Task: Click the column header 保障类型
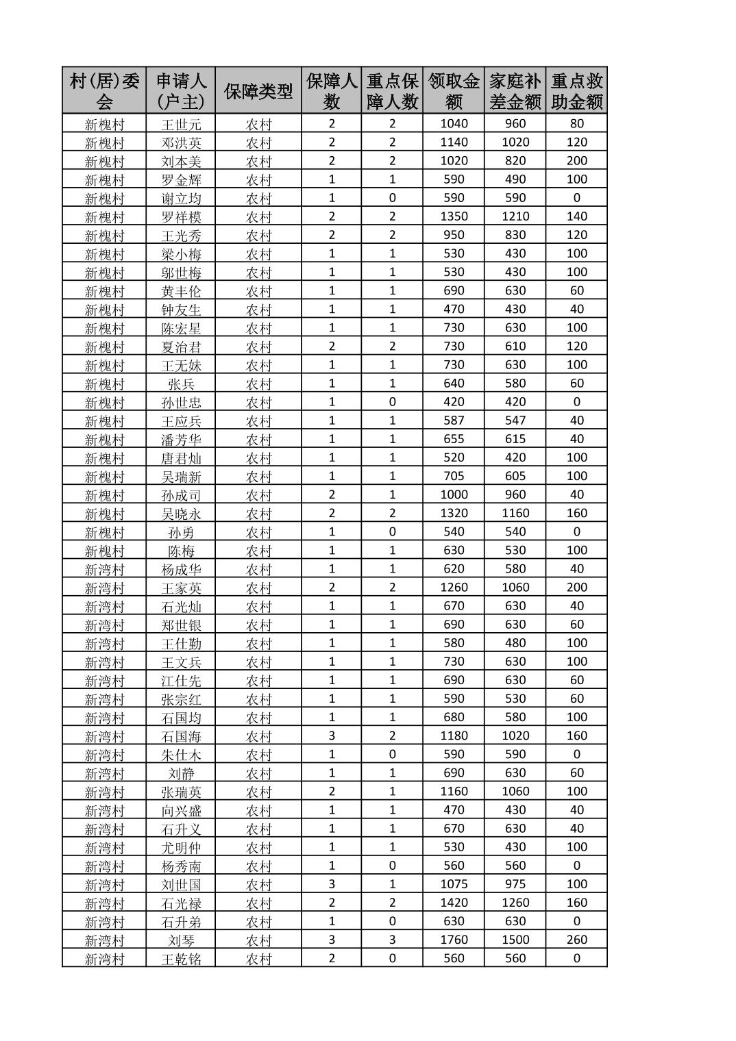258,91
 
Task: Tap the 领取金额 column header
454,91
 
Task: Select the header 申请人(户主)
181,91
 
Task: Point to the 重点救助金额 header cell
576,91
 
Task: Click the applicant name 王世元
181,124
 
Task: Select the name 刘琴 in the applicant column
181,940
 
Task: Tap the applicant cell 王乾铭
181,958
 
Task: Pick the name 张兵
181,384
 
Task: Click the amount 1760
454,940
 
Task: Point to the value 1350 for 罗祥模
454,216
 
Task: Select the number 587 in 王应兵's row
454,421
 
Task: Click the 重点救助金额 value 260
576,940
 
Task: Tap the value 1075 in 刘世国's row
454,884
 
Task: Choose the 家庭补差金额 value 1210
515,216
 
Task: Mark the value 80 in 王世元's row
576,124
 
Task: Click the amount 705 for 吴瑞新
454,476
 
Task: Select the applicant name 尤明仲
181,847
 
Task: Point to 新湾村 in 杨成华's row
104,569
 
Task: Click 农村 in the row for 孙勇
258,532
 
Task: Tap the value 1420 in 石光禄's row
454,903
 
